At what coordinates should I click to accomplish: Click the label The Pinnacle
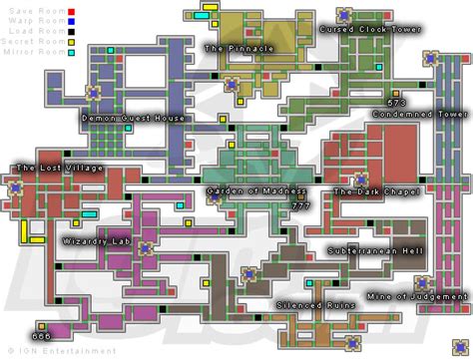(238, 48)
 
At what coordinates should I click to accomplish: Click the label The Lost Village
(59, 169)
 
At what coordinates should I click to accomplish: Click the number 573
(397, 103)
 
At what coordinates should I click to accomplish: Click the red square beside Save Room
(70, 7)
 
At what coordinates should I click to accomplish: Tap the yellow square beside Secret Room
(70, 41)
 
